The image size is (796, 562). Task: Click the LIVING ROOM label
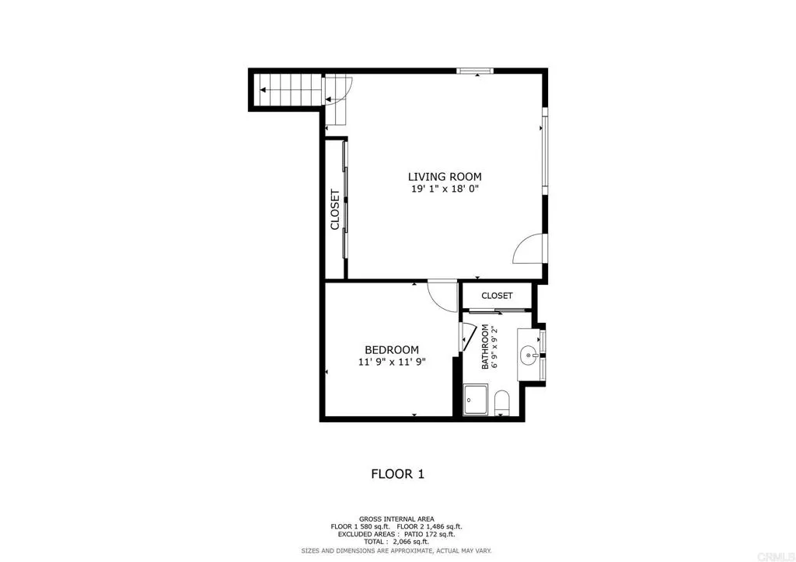445,176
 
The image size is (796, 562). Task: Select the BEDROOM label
392,350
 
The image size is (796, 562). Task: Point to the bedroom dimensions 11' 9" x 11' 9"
392,362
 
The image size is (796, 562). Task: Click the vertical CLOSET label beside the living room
335,210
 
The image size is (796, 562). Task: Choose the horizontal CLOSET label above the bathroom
497,296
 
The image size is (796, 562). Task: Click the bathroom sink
530,356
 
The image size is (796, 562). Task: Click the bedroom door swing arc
444,296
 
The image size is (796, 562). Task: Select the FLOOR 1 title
397,474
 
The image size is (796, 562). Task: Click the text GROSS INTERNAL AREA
396,519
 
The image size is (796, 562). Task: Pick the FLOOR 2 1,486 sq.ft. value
432,526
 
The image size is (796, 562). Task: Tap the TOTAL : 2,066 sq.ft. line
396,542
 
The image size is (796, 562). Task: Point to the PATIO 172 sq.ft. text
427,534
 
